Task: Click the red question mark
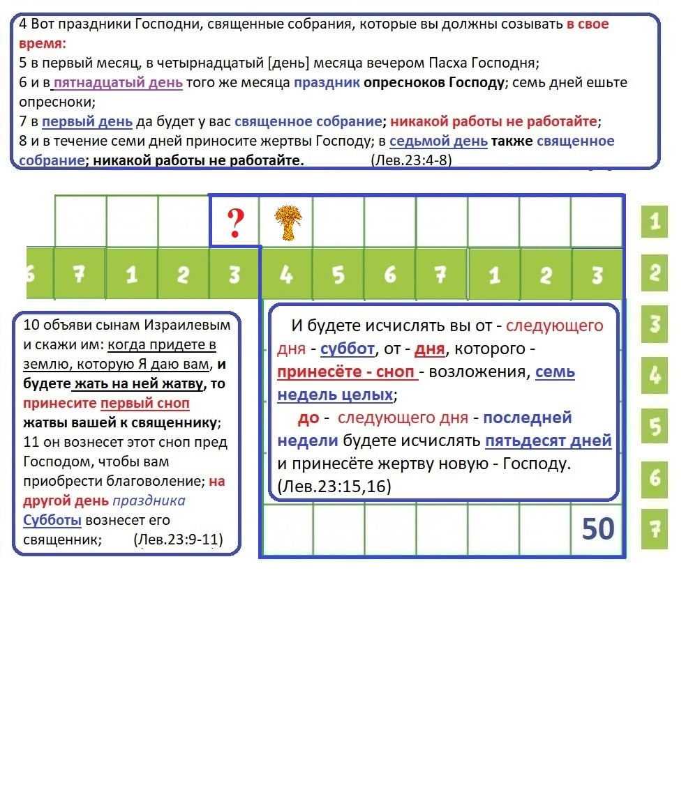(x=236, y=222)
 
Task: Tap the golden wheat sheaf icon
(x=285, y=223)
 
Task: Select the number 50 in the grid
(x=597, y=530)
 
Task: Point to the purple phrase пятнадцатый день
(x=118, y=82)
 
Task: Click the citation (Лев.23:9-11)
(x=177, y=540)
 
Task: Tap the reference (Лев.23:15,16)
(x=334, y=487)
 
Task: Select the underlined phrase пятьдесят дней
(x=548, y=441)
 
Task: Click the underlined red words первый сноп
(x=144, y=403)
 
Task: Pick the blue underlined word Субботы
(x=52, y=520)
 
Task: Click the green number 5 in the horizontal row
(x=338, y=275)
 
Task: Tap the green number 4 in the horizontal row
(x=286, y=275)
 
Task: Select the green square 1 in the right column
(x=654, y=222)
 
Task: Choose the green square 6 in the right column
(x=654, y=477)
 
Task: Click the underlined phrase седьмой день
(x=438, y=141)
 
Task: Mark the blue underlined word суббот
(x=347, y=349)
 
